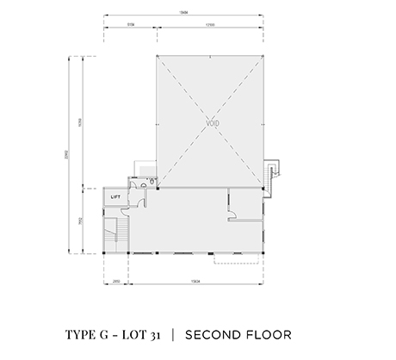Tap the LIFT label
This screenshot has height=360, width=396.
115,197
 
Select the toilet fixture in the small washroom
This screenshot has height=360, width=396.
150,183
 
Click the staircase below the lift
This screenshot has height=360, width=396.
114,233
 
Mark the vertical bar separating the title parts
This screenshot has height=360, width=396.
171,332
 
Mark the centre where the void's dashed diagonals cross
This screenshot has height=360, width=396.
209,121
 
